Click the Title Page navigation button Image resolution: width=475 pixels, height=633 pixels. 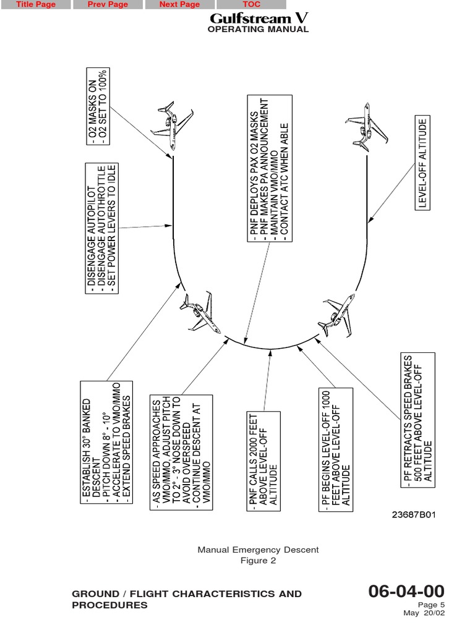[x=35, y=4]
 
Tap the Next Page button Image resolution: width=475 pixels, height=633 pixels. [x=179, y=4]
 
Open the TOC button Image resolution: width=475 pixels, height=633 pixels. [x=251, y=4]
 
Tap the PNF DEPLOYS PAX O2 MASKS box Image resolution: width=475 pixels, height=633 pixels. [x=268, y=168]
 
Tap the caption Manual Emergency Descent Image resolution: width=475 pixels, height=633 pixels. [x=258, y=550]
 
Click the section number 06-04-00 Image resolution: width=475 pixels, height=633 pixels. [x=406, y=591]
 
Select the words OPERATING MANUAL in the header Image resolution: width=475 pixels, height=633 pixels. [x=258, y=30]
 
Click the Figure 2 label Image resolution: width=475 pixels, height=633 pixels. [x=258, y=561]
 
